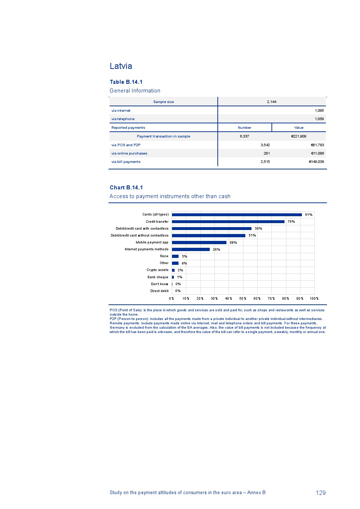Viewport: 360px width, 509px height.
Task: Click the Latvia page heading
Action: (x=121, y=66)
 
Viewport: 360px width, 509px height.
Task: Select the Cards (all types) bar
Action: (x=237, y=215)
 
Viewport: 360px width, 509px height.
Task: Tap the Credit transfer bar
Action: (x=228, y=222)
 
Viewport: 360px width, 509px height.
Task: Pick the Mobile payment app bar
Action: (x=199, y=243)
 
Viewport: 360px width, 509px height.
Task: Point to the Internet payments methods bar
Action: (x=191, y=250)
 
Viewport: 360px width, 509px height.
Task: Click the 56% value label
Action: (x=258, y=229)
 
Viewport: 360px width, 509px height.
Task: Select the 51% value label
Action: (x=252, y=235)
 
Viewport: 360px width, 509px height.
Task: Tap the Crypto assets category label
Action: (x=157, y=270)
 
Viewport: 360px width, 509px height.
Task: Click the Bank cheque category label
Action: (x=158, y=277)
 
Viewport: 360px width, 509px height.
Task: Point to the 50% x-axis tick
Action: (x=243, y=299)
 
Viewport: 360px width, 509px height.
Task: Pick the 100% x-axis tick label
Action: (x=314, y=299)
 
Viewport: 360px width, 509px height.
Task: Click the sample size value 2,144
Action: (x=271, y=102)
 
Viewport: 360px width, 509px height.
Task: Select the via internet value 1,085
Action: (x=319, y=111)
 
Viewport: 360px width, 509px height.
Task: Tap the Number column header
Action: (x=245, y=128)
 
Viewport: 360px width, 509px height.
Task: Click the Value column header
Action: (x=299, y=128)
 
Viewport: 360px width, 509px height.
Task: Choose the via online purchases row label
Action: (x=129, y=153)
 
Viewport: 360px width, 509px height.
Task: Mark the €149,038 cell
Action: (x=316, y=162)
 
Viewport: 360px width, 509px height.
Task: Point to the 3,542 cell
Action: (x=265, y=145)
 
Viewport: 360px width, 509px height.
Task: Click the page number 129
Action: (x=321, y=493)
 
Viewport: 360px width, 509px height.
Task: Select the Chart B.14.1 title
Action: (x=126, y=188)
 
